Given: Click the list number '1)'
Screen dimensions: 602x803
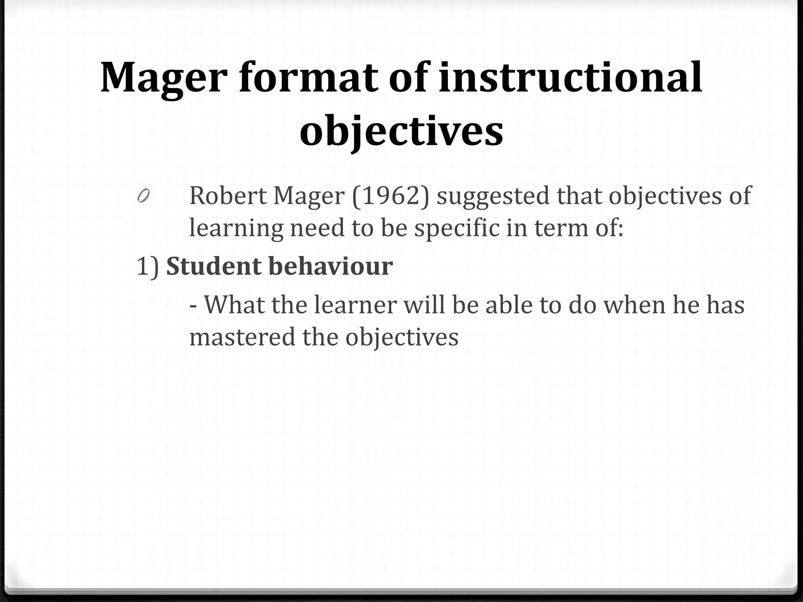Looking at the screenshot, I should click(x=148, y=267).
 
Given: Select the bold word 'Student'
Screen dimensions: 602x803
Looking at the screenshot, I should click(x=214, y=266).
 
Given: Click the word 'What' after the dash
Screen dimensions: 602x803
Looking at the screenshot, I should click(x=234, y=304).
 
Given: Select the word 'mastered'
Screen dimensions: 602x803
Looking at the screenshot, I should click(x=242, y=337).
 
